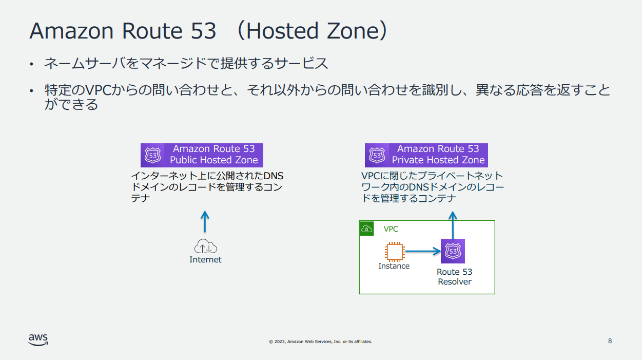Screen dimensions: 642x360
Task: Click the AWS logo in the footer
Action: click(x=38, y=340)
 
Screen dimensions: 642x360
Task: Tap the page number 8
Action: click(x=610, y=341)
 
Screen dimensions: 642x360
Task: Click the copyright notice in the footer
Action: click(x=320, y=342)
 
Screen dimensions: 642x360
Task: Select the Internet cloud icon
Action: click(x=205, y=246)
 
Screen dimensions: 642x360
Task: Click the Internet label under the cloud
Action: click(x=205, y=260)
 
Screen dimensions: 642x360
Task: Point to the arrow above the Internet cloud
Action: click(x=205, y=221)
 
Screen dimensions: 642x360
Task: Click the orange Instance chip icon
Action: click(x=395, y=252)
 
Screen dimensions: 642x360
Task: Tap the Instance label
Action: click(x=394, y=266)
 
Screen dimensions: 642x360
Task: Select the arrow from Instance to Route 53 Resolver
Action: click(x=423, y=251)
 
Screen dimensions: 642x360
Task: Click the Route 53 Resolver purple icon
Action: click(x=453, y=251)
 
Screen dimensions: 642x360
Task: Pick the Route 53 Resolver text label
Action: click(x=455, y=277)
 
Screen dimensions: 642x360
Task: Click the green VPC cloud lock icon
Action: click(x=366, y=229)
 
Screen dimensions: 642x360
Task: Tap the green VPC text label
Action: click(x=391, y=229)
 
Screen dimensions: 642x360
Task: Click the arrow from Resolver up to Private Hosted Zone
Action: click(x=453, y=225)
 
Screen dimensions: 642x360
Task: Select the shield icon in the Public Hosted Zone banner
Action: click(x=153, y=155)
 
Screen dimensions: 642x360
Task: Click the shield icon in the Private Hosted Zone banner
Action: click(x=377, y=155)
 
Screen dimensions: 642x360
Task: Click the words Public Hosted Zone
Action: click(x=214, y=160)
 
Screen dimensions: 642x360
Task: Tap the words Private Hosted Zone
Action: click(x=438, y=160)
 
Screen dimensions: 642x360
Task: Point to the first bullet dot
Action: click(x=31, y=64)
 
